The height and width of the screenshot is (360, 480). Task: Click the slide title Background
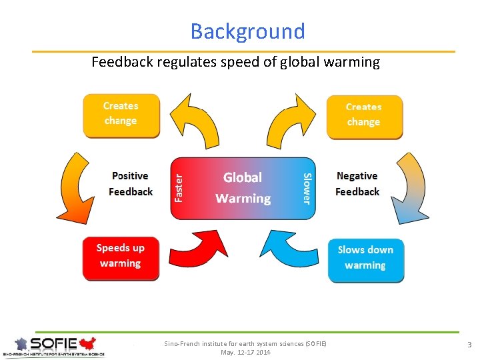247,31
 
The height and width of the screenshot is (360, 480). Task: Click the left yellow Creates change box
121,115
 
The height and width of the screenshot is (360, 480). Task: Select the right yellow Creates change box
364,116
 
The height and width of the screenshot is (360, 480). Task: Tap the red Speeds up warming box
121,257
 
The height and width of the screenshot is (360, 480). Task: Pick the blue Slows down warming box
365,259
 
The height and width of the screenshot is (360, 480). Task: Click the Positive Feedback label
131,184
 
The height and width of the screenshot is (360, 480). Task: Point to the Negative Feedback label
357,184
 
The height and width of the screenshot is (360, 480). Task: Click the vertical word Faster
179,187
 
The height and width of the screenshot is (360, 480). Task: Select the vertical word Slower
306,188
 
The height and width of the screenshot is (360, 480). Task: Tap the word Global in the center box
243,177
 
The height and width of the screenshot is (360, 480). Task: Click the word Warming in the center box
243,199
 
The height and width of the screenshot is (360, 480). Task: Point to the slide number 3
469,345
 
